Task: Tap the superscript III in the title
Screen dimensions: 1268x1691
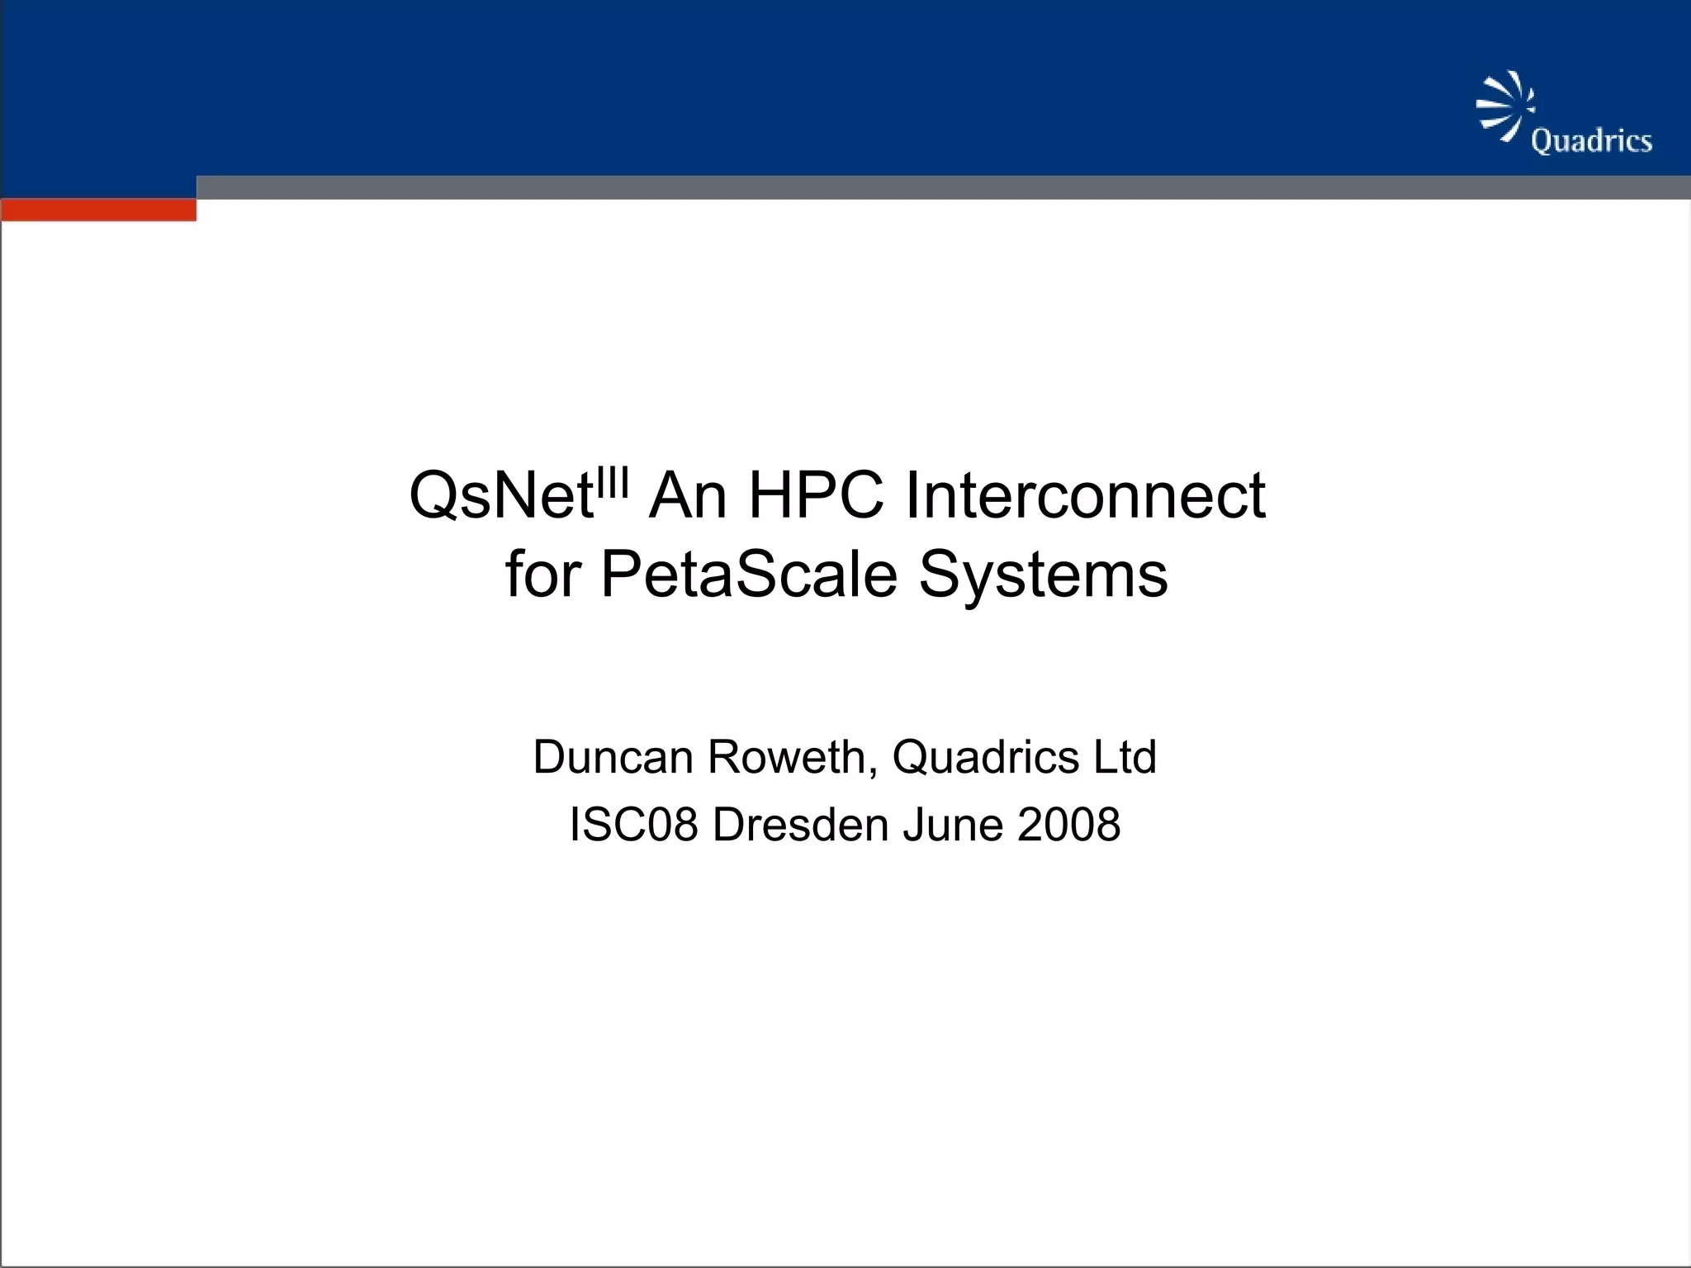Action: pyautogui.click(x=613, y=481)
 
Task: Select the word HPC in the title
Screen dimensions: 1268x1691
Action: pyautogui.click(x=816, y=496)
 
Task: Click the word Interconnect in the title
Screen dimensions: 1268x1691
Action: pyautogui.click(x=1085, y=496)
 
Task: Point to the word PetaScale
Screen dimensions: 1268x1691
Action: pyautogui.click(x=748, y=575)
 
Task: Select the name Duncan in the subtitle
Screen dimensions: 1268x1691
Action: pyautogui.click(x=613, y=757)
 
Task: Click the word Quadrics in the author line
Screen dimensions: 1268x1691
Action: pyautogui.click(x=985, y=757)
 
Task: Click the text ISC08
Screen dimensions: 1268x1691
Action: pyautogui.click(x=633, y=825)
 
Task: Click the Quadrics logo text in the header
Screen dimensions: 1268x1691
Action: pyautogui.click(x=1591, y=141)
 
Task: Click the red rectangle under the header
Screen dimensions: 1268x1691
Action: pyautogui.click(x=98, y=210)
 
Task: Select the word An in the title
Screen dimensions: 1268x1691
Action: pyautogui.click(x=688, y=496)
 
